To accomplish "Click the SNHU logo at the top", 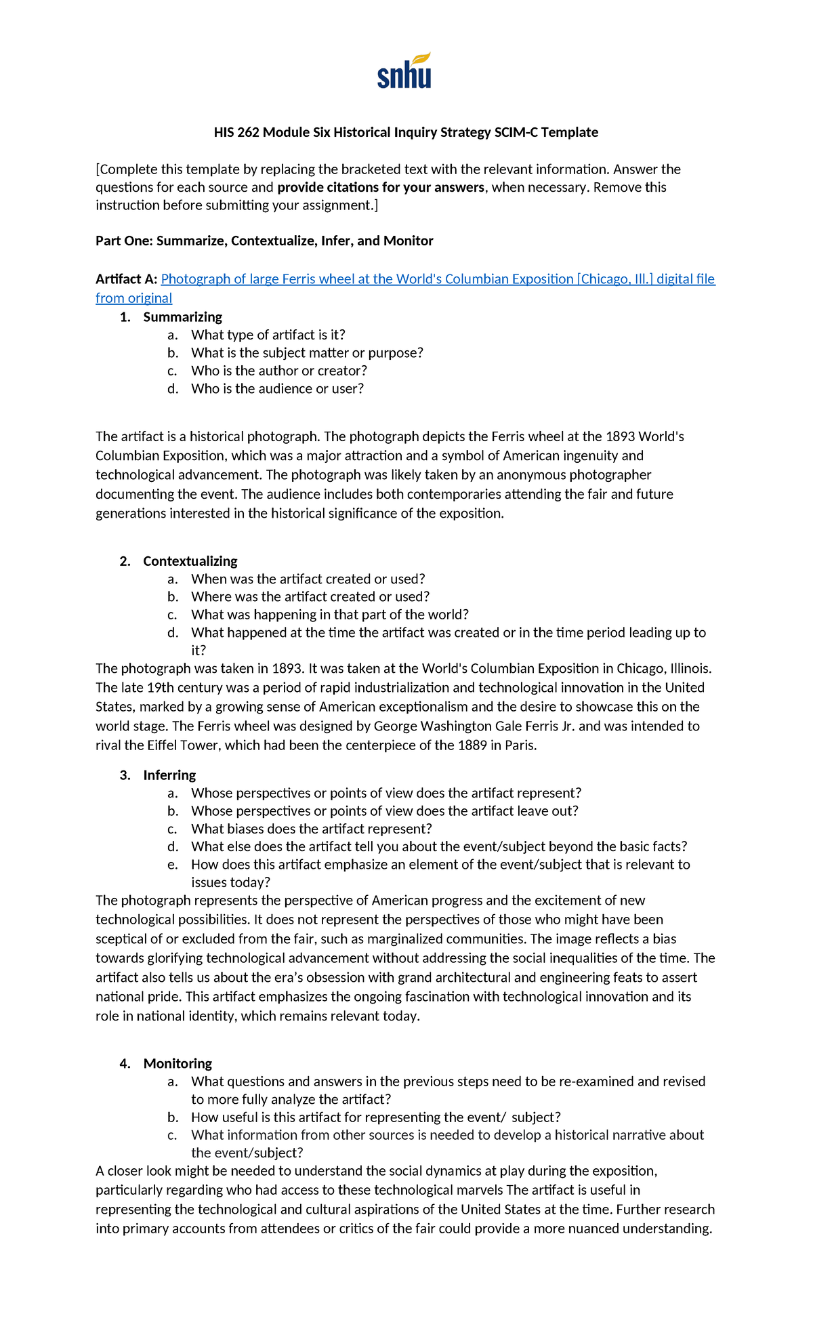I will tap(404, 71).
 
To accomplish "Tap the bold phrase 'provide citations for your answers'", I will tap(381, 187).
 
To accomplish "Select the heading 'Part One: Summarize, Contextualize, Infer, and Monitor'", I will tap(264, 241).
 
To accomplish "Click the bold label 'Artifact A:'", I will tap(127, 279).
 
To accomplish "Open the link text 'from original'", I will tap(133, 298).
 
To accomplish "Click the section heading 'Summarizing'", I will tap(182, 316).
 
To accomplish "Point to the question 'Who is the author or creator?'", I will tap(278, 371).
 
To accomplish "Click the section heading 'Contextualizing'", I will tap(190, 560).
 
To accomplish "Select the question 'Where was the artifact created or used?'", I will tap(310, 596).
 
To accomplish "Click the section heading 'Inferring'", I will tap(169, 775).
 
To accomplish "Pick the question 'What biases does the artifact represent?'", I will tap(311, 829).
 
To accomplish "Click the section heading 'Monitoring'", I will tap(178, 1063).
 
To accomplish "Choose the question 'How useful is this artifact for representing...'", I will tap(375, 1117).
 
